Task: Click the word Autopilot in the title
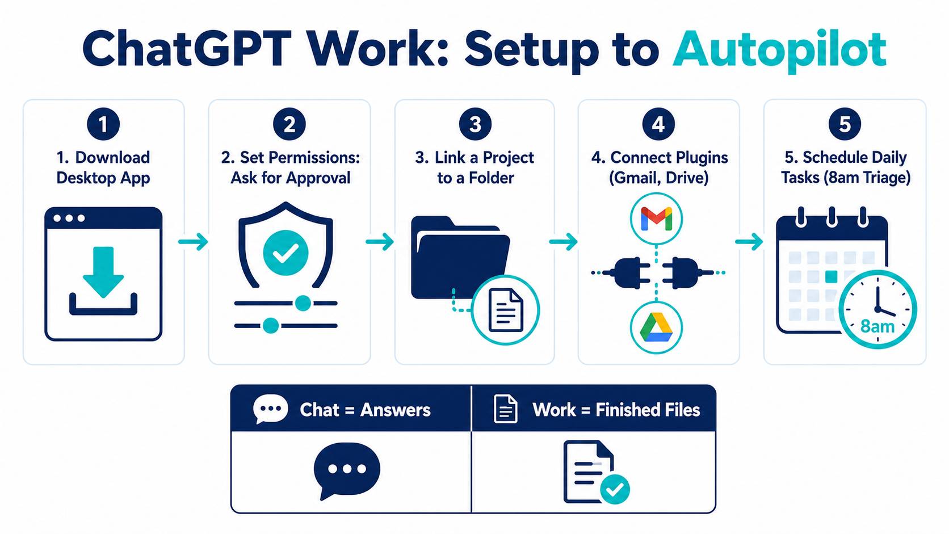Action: [779, 50]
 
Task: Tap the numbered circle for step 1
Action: [103, 124]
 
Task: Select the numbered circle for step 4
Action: [658, 124]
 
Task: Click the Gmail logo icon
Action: [656, 218]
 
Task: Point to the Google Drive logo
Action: [656, 327]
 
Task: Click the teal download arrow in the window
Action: [103, 272]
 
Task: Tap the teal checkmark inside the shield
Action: [285, 253]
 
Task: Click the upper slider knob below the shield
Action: [303, 303]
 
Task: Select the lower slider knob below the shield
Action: [271, 326]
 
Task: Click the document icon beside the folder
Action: [506, 309]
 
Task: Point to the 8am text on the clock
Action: [877, 326]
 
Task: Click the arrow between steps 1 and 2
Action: [193, 242]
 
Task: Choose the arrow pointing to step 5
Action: [749, 242]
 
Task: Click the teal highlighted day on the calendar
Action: [832, 276]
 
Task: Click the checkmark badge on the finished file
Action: [615, 490]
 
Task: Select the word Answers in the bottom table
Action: [395, 410]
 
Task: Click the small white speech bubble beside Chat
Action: [270, 409]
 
